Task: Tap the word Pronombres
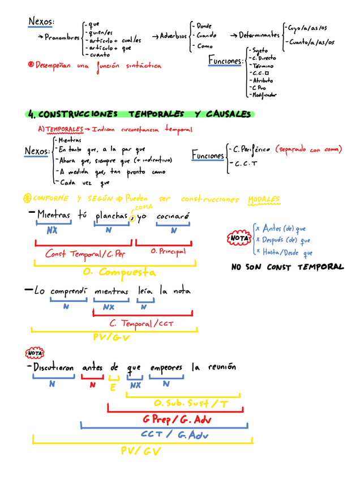coord(62,37)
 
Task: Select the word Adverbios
coord(173,36)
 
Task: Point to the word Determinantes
coord(259,35)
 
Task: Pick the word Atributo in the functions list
coord(262,80)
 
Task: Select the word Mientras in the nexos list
coord(70,140)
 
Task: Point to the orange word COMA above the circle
coord(140,207)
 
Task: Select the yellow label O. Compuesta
coord(119,272)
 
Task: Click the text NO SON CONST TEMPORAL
coord(288,267)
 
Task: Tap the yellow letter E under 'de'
coord(113,387)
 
